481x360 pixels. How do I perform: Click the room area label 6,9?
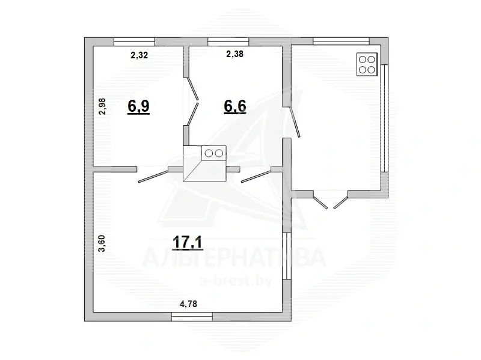click(x=139, y=106)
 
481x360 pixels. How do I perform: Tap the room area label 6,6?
click(x=235, y=106)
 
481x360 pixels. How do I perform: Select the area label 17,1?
click(x=188, y=242)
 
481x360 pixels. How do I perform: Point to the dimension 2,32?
click(x=139, y=55)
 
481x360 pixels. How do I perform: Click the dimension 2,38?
click(x=234, y=54)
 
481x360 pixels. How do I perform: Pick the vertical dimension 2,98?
click(x=102, y=106)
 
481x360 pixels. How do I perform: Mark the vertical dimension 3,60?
click(x=102, y=243)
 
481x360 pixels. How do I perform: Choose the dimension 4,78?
click(x=188, y=304)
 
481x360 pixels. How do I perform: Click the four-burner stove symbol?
click(x=367, y=64)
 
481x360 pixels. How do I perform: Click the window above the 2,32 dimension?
click(x=134, y=41)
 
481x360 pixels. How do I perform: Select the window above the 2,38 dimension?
click(x=228, y=41)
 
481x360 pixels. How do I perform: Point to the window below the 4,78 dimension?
click(x=192, y=317)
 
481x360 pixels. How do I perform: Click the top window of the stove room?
click(x=341, y=41)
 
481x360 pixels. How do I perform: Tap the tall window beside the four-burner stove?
click(x=385, y=118)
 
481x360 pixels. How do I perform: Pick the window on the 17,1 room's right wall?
click(x=287, y=256)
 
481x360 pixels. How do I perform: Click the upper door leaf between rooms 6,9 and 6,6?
click(x=193, y=89)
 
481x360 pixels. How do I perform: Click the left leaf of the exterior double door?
click(x=320, y=203)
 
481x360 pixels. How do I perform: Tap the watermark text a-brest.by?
click(x=236, y=280)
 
